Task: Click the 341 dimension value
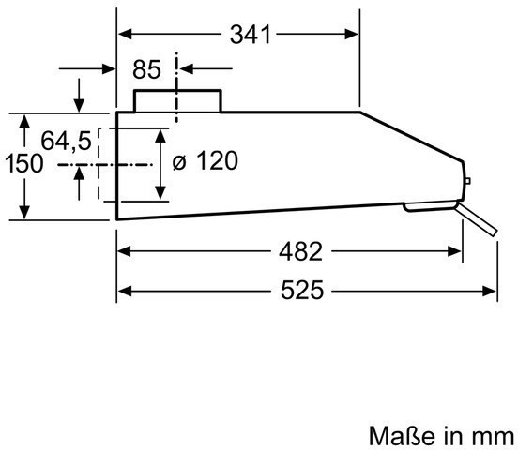[x=250, y=35]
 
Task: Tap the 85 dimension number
[x=146, y=69]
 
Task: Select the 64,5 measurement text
[x=66, y=141]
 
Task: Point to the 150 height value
[x=24, y=163]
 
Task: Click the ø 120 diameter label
[x=206, y=161]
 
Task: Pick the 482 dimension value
[x=300, y=251]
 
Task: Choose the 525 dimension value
[x=302, y=291]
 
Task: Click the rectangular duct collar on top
[x=177, y=101]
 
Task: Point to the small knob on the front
[x=467, y=181]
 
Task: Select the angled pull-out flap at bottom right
[x=477, y=219]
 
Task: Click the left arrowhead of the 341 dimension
[x=125, y=34]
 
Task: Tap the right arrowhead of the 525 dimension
[x=489, y=292]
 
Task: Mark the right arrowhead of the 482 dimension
[x=454, y=251]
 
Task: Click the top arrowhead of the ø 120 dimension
[x=160, y=136]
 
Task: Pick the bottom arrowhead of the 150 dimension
[x=24, y=212]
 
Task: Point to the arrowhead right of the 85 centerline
[x=187, y=69]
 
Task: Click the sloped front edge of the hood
[x=411, y=137]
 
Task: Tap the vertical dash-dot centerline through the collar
[x=176, y=87]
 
